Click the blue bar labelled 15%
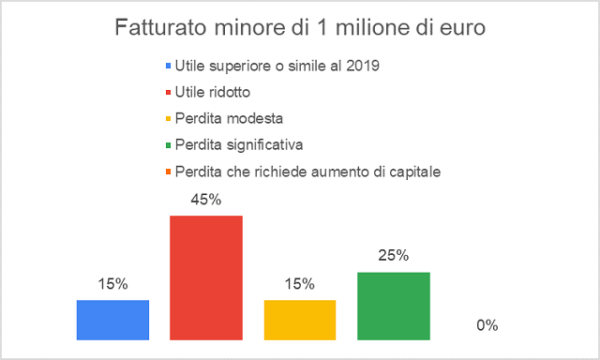(112, 320)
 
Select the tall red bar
(206, 277)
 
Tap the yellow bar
(300, 320)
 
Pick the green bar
(394, 306)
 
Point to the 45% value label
(206, 200)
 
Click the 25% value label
(394, 255)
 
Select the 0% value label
(487, 325)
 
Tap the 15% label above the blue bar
(112, 283)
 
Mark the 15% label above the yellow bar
(300, 283)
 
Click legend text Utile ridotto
(213, 92)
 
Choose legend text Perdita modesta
(229, 119)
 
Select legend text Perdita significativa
(239, 145)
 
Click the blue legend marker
(168, 66)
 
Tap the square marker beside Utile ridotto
(168, 92)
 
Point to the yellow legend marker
(168, 119)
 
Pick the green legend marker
(168, 145)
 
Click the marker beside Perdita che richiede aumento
(168, 172)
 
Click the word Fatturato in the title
(161, 27)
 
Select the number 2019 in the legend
(363, 66)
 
